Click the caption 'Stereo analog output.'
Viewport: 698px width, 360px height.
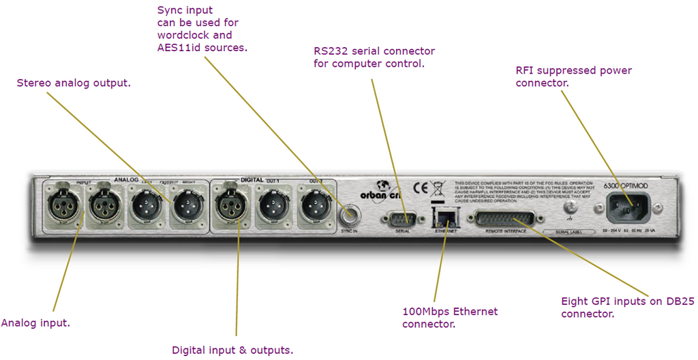point(74,83)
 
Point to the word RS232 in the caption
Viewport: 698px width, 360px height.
point(331,51)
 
